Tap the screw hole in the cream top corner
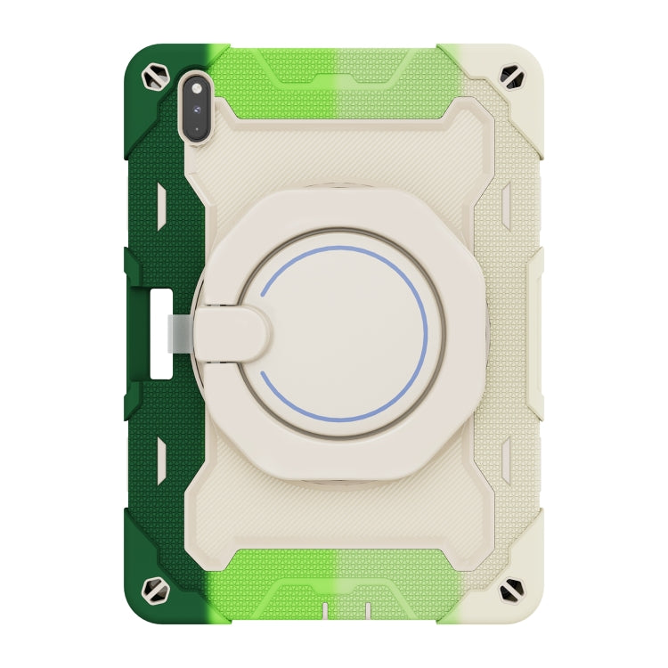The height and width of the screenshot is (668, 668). coord(515,77)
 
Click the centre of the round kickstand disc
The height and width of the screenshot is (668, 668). coord(342,331)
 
